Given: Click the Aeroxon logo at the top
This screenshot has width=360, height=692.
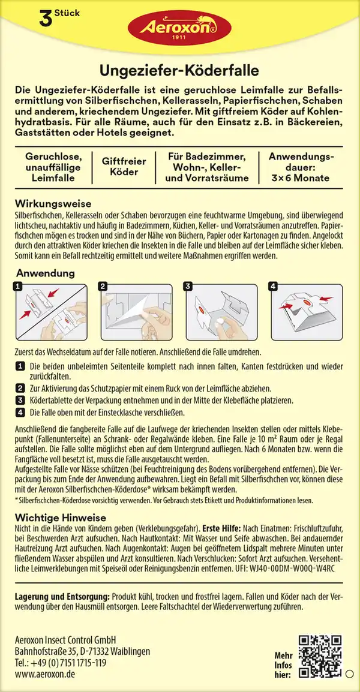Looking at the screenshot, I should click(180, 27).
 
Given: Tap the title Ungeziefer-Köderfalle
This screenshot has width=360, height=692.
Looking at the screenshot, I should click(180, 70).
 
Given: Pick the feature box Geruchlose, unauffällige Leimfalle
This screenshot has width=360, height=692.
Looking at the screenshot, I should click(49, 166).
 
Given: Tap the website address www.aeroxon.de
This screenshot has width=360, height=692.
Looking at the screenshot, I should click(46, 674).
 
